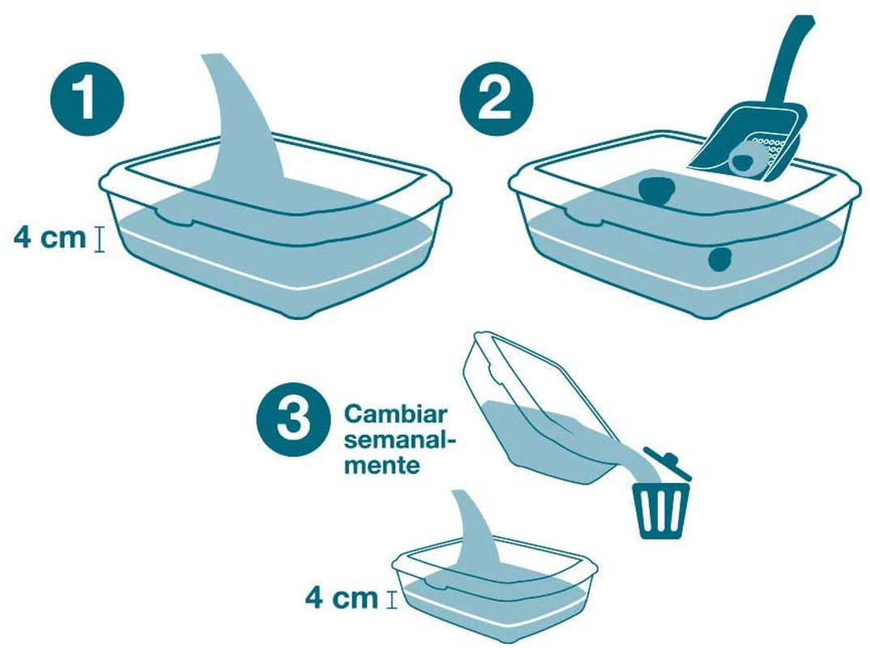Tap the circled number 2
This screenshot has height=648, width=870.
497,103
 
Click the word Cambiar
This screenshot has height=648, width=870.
395,414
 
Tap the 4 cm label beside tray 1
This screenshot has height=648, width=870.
49,238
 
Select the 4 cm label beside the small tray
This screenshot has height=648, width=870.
341,599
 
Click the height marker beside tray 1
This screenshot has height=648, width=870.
100,240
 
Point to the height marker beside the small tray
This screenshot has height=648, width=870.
392,599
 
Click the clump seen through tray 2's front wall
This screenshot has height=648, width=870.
718,259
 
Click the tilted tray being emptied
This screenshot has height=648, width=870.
535,413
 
